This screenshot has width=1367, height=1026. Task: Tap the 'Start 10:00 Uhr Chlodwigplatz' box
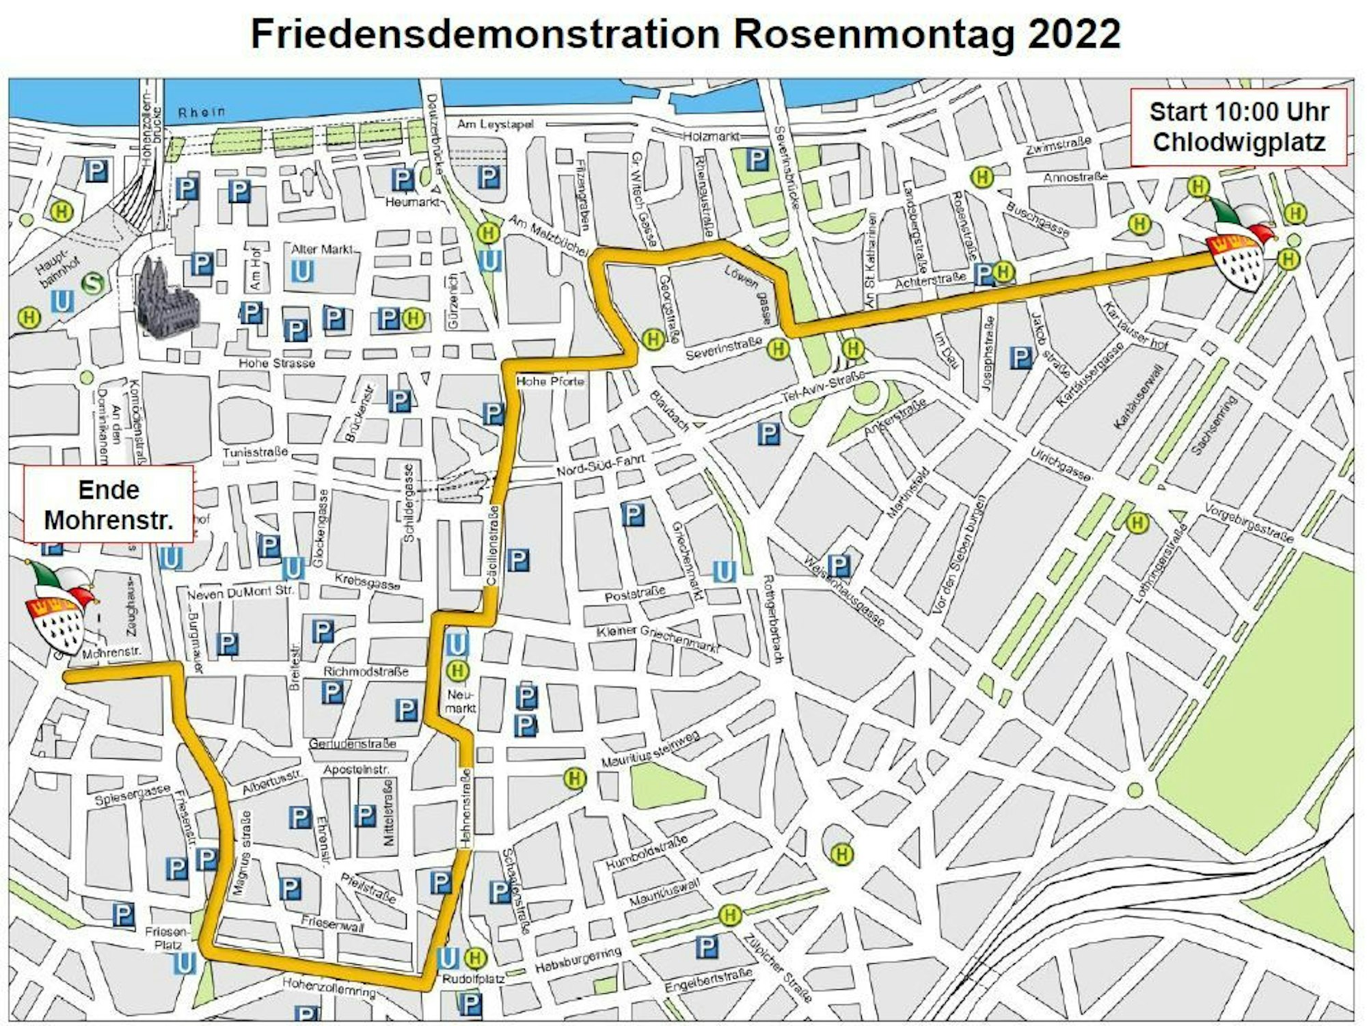click(1239, 127)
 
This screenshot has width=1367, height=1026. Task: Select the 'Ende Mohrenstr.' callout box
click(109, 504)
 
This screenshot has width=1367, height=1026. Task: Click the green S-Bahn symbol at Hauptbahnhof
click(92, 282)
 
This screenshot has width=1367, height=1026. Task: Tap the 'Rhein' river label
click(201, 112)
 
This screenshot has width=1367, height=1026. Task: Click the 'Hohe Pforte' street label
click(550, 381)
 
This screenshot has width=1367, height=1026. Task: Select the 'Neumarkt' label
click(460, 701)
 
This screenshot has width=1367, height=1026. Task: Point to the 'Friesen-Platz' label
click(167, 938)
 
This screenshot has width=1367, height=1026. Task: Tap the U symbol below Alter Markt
click(302, 271)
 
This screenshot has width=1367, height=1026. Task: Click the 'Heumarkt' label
click(411, 202)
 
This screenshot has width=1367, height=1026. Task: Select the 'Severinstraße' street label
click(723, 349)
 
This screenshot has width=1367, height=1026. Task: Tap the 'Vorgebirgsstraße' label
click(1249, 524)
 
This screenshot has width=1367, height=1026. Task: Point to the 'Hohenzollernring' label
click(329, 986)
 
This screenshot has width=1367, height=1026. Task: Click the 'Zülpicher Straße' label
click(777, 967)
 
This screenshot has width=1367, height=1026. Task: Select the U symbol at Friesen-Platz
click(185, 964)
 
